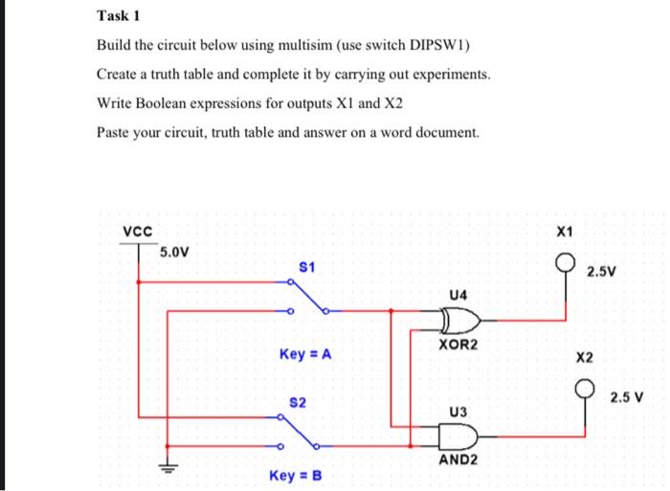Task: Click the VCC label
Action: point(137,231)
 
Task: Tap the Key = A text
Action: point(305,354)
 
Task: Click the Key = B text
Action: point(296,475)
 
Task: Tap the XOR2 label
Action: point(456,342)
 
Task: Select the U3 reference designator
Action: point(458,412)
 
